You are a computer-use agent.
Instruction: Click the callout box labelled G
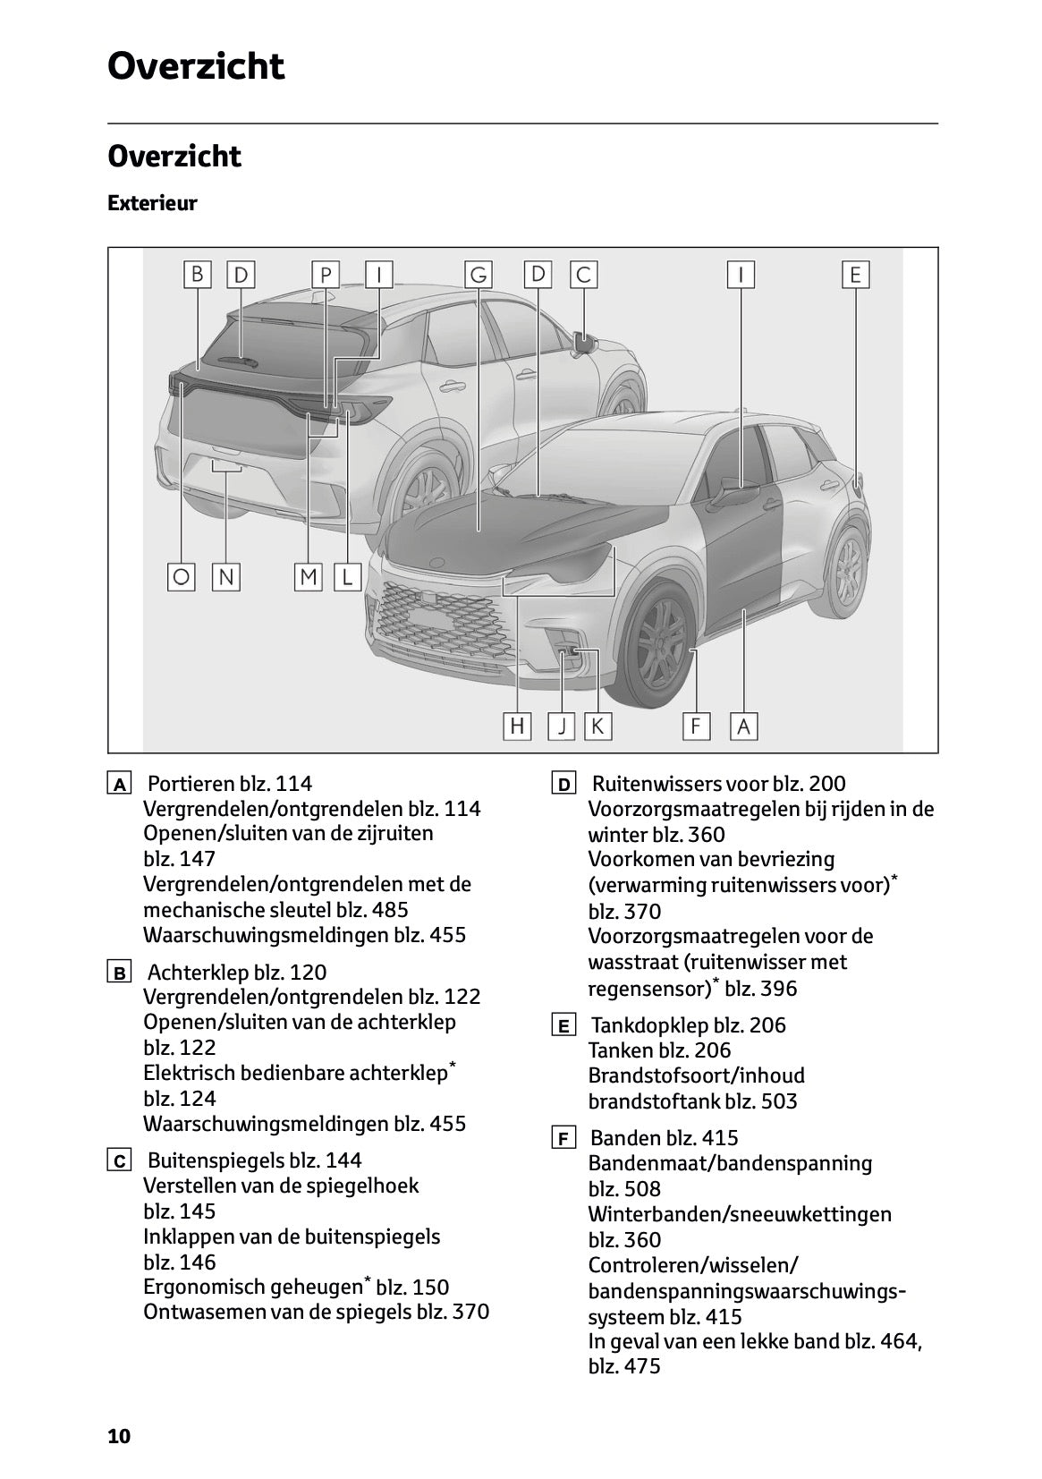[x=479, y=275]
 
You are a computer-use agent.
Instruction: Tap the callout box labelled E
[x=855, y=275]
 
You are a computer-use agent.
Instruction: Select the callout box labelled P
[x=326, y=275]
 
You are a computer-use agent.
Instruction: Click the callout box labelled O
[x=182, y=577]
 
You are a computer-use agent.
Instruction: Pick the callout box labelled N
[x=226, y=577]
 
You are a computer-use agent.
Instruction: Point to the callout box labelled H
[x=517, y=726]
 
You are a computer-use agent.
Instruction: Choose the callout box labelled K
[x=597, y=726]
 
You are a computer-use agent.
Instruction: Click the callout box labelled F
[x=696, y=726]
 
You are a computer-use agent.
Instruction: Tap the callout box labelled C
[x=583, y=275]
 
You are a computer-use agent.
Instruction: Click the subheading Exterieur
[x=152, y=203]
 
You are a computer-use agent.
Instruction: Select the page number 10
[x=119, y=1437]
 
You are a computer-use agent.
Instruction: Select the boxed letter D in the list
[x=563, y=786]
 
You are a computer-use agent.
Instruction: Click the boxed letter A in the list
[x=118, y=786]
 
